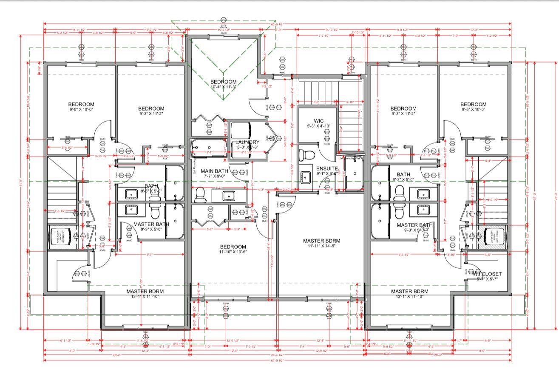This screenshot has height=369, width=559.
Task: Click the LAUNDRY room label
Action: (247, 142)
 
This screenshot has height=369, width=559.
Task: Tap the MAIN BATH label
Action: (215, 171)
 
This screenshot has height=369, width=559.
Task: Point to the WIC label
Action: (319, 121)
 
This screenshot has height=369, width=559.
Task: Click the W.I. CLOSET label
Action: (487, 274)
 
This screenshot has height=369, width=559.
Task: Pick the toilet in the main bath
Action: (200, 195)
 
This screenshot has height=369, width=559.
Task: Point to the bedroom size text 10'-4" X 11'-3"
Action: (223, 87)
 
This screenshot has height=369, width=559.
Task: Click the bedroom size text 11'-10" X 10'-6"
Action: (233, 252)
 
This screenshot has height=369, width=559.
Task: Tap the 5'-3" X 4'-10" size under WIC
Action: (319, 126)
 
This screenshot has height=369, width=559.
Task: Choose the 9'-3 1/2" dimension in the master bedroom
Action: (401, 254)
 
